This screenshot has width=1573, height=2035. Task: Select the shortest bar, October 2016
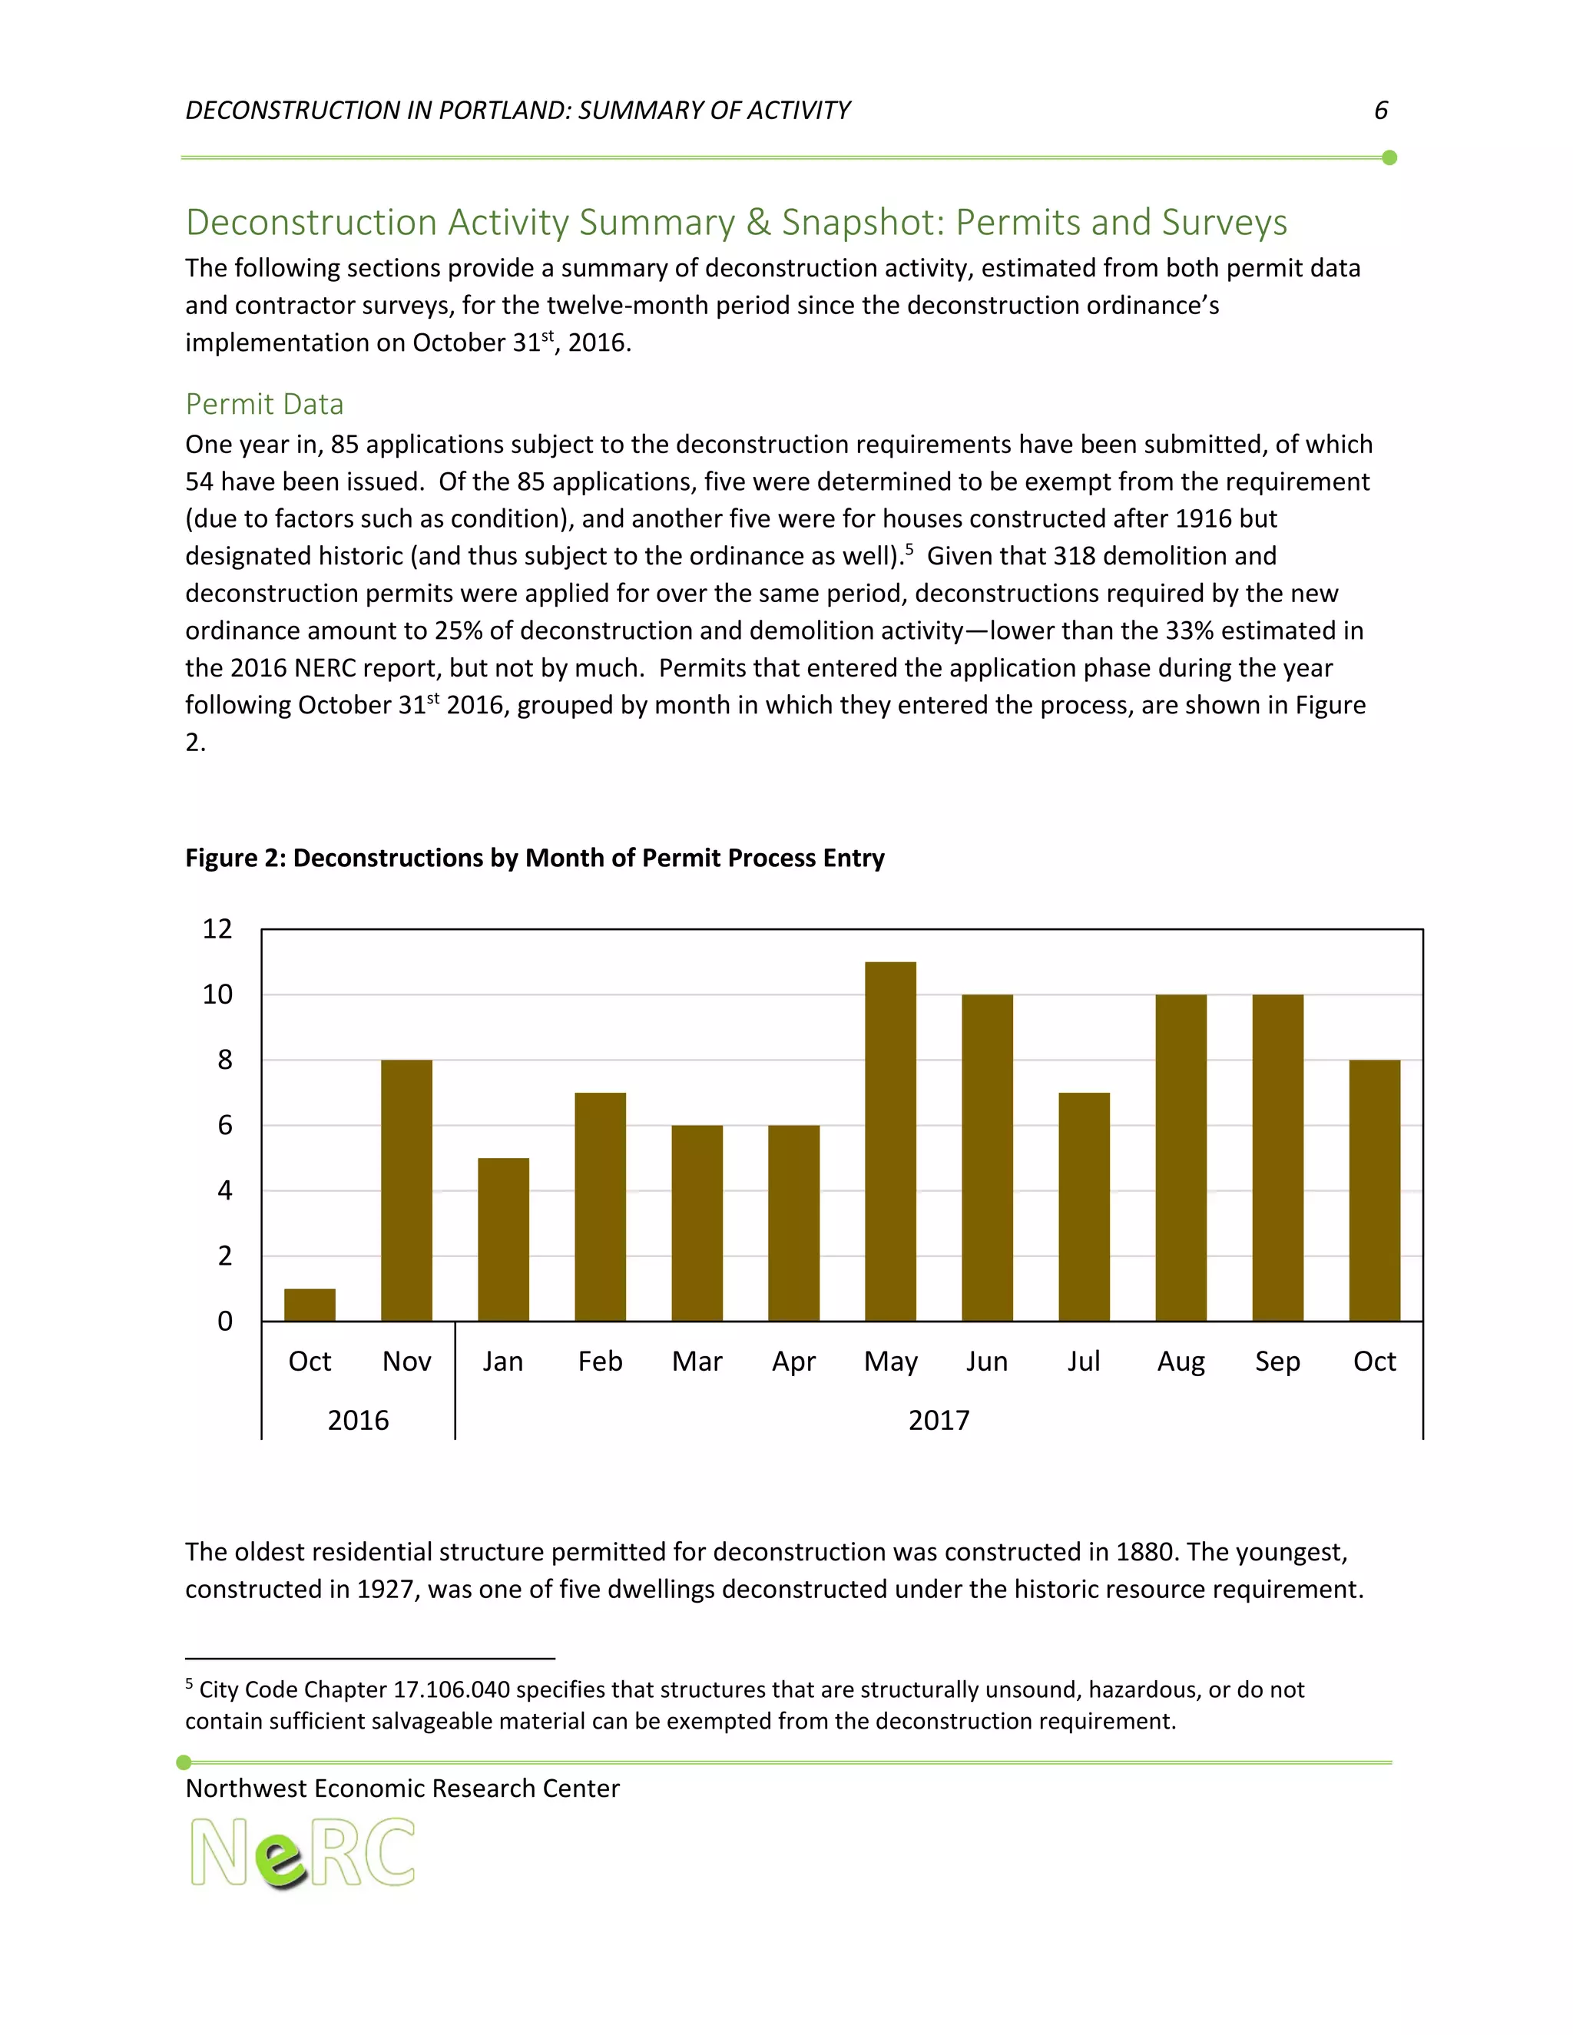[310, 1305]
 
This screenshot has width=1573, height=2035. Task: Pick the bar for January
[503, 1239]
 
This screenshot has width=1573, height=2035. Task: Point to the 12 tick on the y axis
[217, 929]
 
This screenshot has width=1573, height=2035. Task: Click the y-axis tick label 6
[224, 1126]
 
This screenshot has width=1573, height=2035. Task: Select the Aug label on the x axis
[1181, 1362]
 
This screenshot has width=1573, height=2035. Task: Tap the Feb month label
[600, 1362]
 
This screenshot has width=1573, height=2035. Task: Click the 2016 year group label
[358, 1420]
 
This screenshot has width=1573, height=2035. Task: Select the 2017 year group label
[939, 1420]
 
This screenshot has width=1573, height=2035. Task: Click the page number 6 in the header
[1381, 110]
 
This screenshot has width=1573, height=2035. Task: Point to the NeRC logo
[302, 1852]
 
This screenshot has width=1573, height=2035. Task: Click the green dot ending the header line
[1389, 157]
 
